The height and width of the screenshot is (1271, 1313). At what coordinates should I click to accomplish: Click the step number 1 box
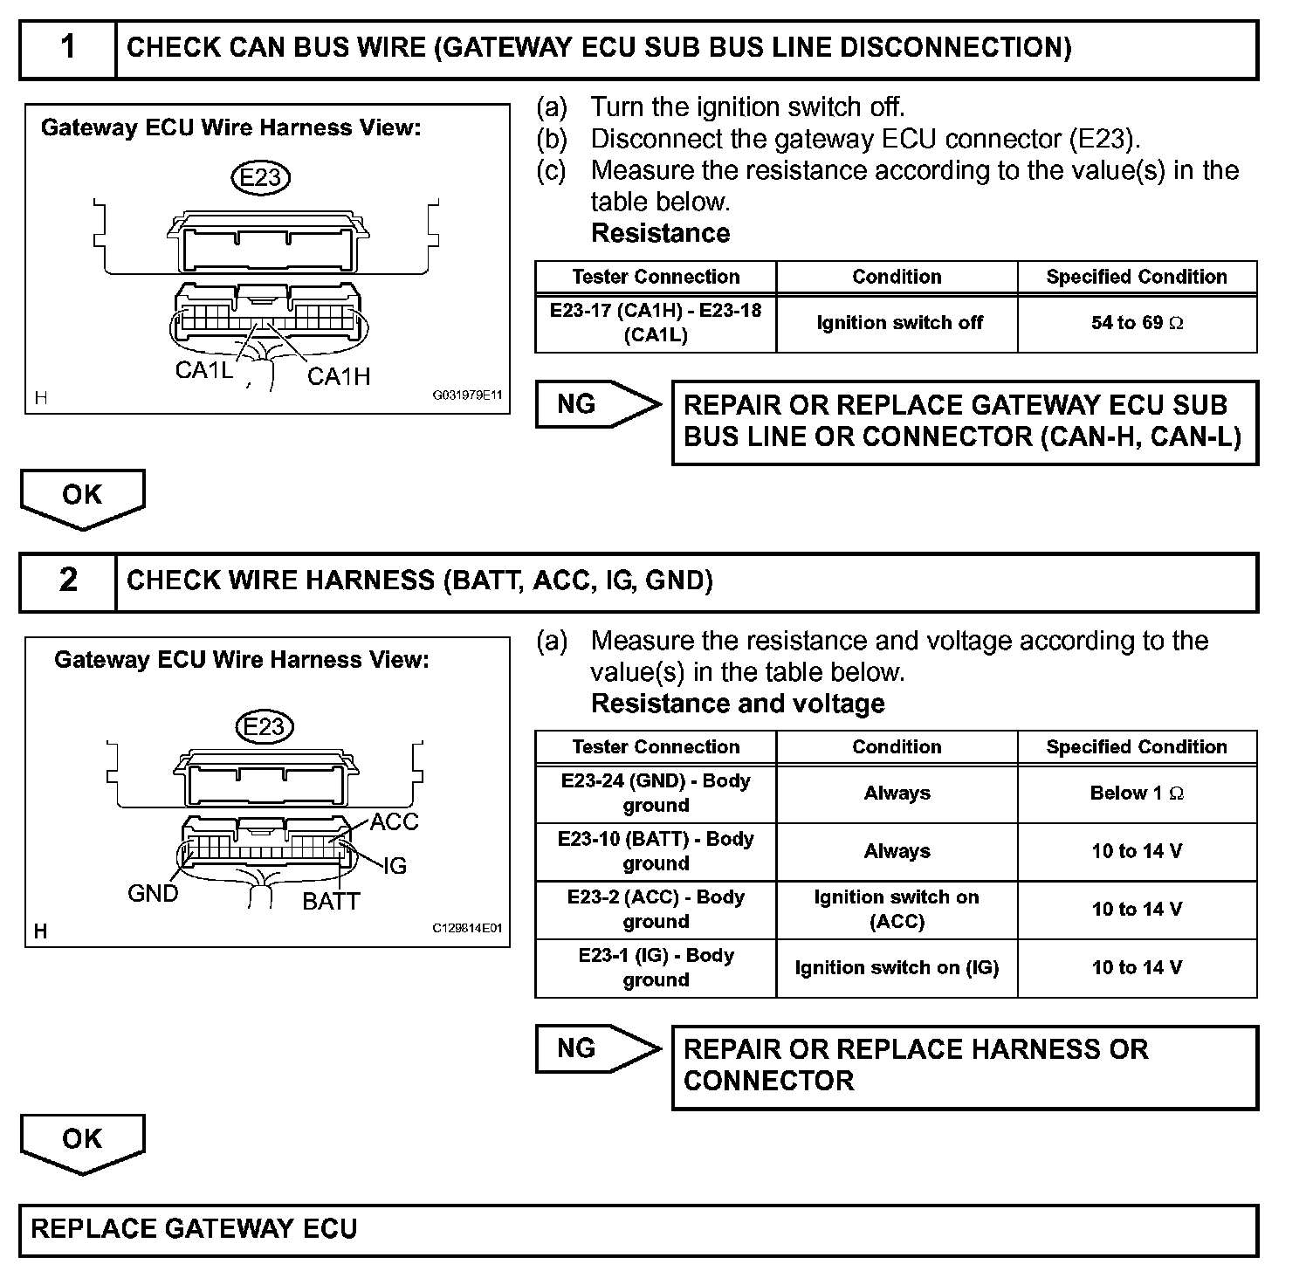tap(68, 49)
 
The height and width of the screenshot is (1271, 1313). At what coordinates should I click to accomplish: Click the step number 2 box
tap(68, 581)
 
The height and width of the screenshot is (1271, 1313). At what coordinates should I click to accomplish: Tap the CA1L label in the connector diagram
tap(203, 371)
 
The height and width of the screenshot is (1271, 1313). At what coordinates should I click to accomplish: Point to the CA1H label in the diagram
tap(339, 376)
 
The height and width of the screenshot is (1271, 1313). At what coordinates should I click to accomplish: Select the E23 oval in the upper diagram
tap(260, 178)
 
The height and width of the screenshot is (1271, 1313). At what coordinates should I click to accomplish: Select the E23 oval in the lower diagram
tap(264, 727)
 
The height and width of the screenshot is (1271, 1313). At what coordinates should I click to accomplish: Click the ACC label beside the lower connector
tap(394, 822)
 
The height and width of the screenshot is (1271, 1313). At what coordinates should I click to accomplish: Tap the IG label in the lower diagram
tap(395, 866)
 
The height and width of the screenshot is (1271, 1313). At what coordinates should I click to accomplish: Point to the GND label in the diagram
tap(153, 894)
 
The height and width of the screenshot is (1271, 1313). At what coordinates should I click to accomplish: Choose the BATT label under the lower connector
tap(331, 902)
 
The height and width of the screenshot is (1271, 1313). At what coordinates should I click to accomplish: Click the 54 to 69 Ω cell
tap(1137, 324)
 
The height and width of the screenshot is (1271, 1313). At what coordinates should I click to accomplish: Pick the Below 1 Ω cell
tap(1137, 794)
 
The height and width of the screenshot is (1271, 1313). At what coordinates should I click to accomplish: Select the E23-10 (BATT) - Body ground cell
tap(656, 851)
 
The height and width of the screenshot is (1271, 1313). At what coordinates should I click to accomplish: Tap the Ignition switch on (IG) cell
tap(897, 968)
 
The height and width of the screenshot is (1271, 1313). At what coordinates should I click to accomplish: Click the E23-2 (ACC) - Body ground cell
tap(656, 910)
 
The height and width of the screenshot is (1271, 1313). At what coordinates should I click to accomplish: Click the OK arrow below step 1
tap(82, 498)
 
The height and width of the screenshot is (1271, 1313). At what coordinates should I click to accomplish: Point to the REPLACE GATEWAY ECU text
tap(194, 1229)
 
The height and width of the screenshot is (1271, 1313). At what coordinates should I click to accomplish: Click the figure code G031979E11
tap(468, 395)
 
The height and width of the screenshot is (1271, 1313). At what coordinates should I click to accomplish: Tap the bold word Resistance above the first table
tap(660, 233)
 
